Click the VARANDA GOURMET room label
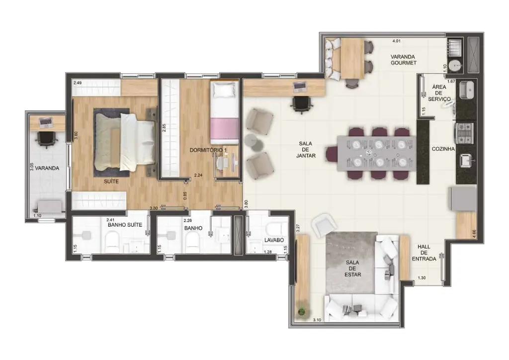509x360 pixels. (x=403, y=60)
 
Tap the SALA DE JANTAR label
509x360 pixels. (x=306, y=149)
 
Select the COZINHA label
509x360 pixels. (x=443, y=149)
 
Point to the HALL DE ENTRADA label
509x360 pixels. (x=424, y=253)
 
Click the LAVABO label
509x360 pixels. (x=274, y=240)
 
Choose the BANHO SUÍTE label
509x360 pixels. (x=125, y=225)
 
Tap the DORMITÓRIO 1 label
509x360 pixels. (x=208, y=150)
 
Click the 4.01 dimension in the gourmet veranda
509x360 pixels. (x=396, y=41)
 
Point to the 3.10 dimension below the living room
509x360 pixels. (x=317, y=320)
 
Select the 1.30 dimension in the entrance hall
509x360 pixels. (x=422, y=278)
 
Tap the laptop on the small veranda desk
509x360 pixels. (x=46, y=122)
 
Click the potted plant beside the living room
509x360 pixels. (x=302, y=312)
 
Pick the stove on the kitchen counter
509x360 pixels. (x=465, y=133)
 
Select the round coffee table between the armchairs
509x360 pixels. (x=252, y=142)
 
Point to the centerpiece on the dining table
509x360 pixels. (x=369, y=153)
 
